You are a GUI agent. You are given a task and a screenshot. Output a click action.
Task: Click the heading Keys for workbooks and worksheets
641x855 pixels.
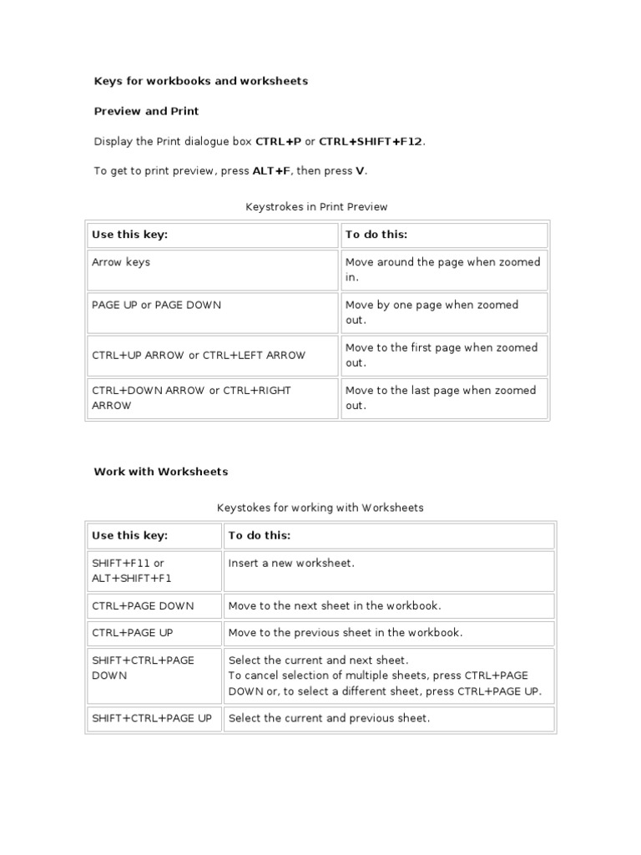click(200, 81)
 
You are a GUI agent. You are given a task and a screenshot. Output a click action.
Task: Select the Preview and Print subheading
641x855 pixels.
click(146, 111)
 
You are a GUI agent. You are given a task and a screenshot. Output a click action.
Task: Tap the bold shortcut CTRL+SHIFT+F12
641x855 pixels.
click(371, 141)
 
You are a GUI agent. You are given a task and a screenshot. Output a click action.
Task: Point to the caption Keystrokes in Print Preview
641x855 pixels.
click(316, 206)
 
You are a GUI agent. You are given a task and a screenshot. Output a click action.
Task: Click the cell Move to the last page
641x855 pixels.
click(443, 398)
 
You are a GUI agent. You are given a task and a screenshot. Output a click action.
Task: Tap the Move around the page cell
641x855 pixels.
click(443, 270)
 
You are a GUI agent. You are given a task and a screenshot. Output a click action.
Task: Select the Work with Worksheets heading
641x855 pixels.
click(160, 472)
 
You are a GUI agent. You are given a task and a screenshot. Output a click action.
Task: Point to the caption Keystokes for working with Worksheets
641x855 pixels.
click(320, 507)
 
